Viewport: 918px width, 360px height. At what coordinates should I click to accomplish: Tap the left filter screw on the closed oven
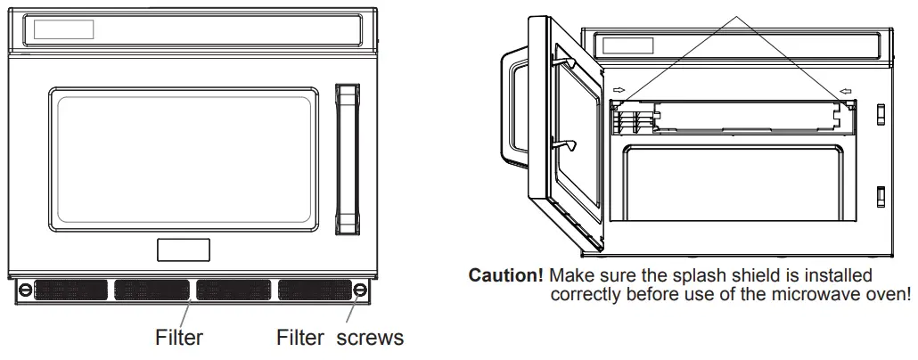(27, 290)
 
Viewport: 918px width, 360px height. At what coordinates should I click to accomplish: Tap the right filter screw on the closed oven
(359, 290)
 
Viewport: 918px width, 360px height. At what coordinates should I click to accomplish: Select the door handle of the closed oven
(345, 160)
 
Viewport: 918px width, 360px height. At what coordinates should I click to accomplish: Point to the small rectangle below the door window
(184, 250)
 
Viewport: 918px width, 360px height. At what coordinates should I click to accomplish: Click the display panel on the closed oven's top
(64, 29)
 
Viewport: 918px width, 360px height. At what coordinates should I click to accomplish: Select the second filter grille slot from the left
(150, 290)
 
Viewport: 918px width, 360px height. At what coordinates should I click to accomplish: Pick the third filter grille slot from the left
(234, 290)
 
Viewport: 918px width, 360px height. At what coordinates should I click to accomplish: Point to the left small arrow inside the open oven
(619, 90)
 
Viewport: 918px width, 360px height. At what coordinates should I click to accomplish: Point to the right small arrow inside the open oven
(845, 90)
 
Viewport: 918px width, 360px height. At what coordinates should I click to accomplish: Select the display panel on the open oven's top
(628, 45)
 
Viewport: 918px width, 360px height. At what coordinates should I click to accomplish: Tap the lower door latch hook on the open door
(565, 143)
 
